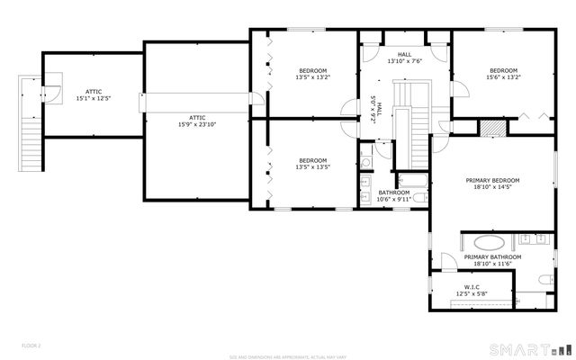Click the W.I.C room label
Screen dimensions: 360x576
(472, 288)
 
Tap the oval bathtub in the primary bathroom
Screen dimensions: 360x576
(490, 243)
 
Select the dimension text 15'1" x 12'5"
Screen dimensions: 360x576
(93, 97)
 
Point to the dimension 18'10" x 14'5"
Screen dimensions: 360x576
(492, 188)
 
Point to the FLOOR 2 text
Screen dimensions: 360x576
(31, 345)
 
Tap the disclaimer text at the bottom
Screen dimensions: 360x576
(287, 355)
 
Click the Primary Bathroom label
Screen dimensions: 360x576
(492, 257)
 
